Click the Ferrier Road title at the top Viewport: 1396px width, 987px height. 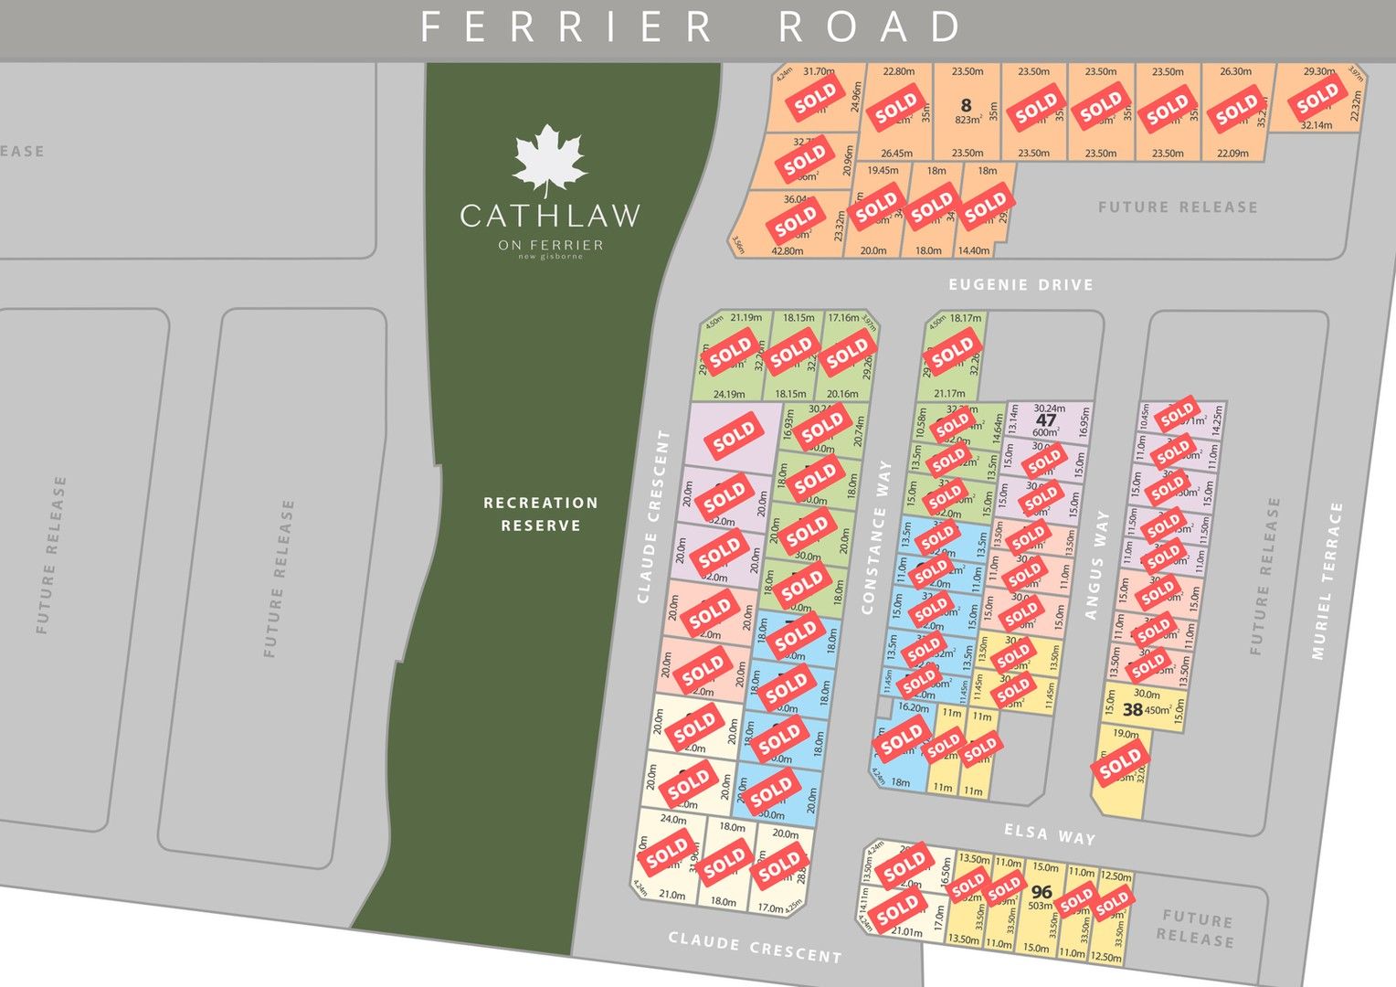[691, 27]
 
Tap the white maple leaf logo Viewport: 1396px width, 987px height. [548, 159]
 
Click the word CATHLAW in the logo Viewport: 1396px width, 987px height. [550, 216]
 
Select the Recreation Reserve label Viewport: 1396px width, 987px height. [541, 514]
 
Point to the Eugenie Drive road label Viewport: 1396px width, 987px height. [1021, 285]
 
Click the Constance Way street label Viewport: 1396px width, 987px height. [875, 536]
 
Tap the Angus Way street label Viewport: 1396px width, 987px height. [1096, 565]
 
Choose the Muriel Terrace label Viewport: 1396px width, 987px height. [1327, 580]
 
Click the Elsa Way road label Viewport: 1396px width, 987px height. [1050, 833]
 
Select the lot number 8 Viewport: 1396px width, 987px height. [966, 106]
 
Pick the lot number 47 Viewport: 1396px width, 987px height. [1046, 420]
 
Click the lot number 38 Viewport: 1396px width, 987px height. [1132, 710]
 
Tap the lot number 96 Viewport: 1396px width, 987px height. [1042, 891]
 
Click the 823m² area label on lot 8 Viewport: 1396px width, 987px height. [968, 121]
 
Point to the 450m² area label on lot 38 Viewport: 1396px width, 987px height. [1158, 710]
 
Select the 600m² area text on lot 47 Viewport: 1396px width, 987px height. [1046, 433]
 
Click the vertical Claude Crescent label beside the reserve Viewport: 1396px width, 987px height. [654, 516]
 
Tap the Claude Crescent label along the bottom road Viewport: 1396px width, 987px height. [755, 948]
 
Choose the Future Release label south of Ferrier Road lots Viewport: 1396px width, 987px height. [1178, 207]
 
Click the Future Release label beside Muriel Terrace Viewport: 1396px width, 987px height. [1266, 576]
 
